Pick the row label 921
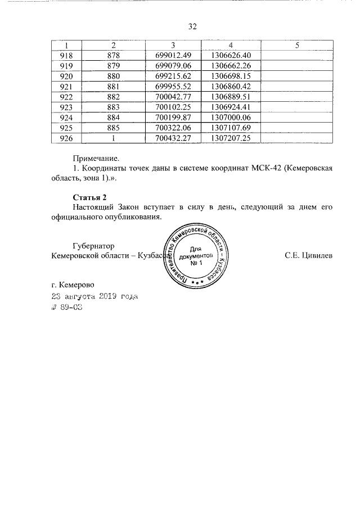click(x=66, y=86)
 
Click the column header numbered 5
click(x=298, y=45)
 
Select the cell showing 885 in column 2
click(x=114, y=128)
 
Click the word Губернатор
click(x=94, y=245)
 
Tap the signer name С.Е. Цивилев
click(x=308, y=256)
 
